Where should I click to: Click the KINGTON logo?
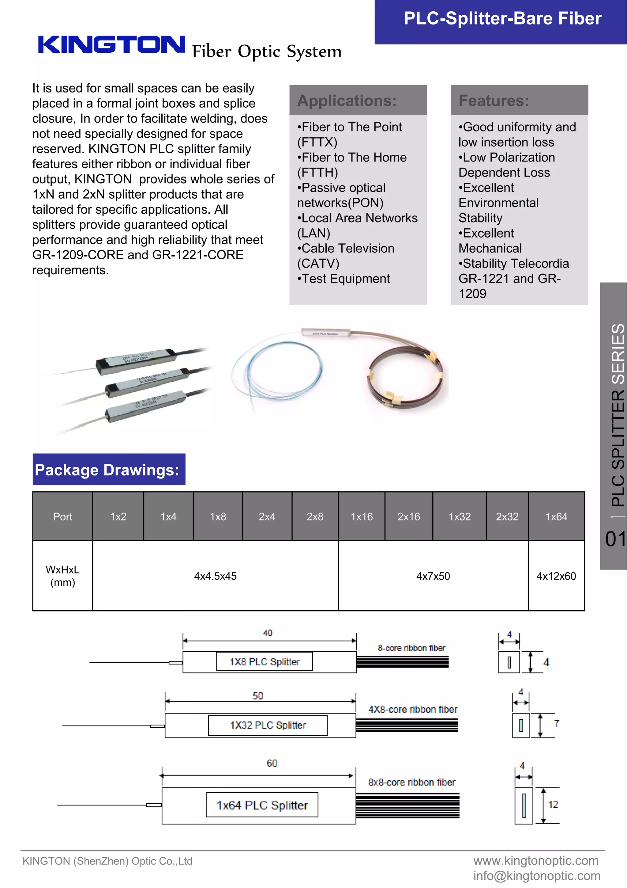(x=111, y=44)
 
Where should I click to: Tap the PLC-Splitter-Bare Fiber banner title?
(x=502, y=19)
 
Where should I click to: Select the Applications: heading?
(x=347, y=101)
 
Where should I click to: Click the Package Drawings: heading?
(x=107, y=470)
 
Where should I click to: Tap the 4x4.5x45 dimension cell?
(x=215, y=576)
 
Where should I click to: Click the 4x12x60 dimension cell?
(x=556, y=576)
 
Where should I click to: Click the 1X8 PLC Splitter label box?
(x=264, y=662)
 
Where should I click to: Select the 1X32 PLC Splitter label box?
(x=268, y=725)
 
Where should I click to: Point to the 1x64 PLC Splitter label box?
(x=262, y=805)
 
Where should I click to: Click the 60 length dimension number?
(x=272, y=763)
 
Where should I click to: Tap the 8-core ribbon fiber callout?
(x=411, y=648)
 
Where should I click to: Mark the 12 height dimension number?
(x=553, y=804)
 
